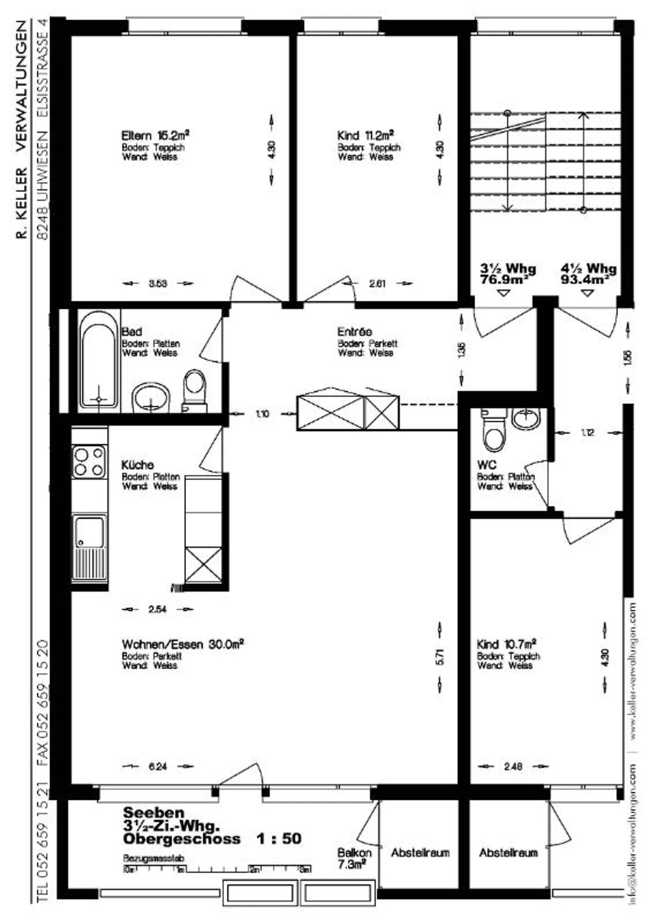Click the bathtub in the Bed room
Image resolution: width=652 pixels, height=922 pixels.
click(x=98, y=361)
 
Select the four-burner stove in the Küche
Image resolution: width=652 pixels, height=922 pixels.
click(x=89, y=461)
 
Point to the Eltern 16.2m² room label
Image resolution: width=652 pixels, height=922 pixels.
click(x=155, y=135)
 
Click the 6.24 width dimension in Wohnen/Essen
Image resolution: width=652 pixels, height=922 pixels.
click(x=158, y=767)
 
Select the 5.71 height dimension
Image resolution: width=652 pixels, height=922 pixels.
click(x=440, y=657)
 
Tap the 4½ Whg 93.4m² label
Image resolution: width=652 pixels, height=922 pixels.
click(x=588, y=274)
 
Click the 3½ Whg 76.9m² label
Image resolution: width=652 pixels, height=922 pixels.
click(x=508, y=274)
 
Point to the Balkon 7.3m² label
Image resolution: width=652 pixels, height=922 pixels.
click(x=354, y=858)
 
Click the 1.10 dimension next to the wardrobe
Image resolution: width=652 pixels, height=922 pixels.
click(x=262, y=414)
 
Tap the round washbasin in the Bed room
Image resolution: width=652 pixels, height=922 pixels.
click(x=150, y=397)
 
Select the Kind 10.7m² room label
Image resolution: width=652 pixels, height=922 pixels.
click(x=506, y=644)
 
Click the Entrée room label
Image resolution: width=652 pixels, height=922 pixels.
click(x=354, y=332)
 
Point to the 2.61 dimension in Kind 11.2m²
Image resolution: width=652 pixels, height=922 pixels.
click(x=377, y=284)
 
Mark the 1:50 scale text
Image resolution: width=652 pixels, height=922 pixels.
click(x=278, y=839)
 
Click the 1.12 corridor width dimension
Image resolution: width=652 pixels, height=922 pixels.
click(x=587, y=433)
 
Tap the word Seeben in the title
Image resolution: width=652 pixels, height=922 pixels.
click(x=153, y=813)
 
